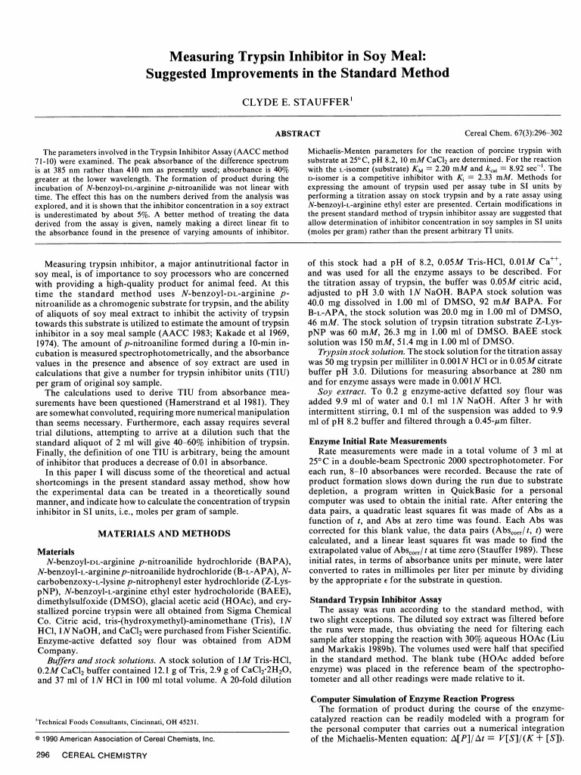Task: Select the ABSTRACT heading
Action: pos(290,133)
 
